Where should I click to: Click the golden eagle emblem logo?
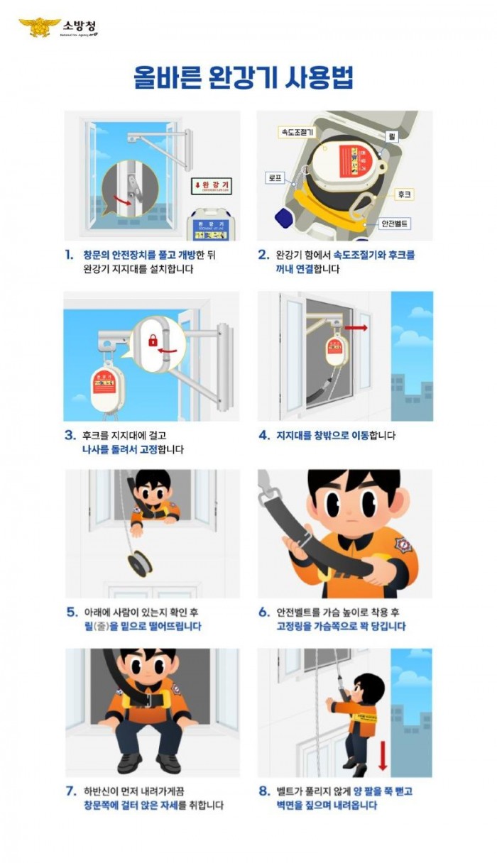tap(39, 28)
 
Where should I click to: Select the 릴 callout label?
tap(391, 134)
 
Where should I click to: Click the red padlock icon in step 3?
tap(153, 341)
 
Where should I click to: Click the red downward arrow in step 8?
tap(383, 753)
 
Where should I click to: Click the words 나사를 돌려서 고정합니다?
tap(132, 449)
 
